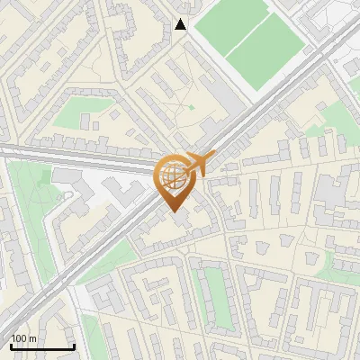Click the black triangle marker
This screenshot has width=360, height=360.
pos(181,24)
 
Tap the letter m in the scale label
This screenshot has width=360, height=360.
pos(33,338)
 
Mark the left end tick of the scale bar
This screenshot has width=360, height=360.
pos(11,345)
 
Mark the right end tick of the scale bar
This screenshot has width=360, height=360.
pos(74,345)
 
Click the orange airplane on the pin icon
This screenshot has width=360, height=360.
pos(201,163)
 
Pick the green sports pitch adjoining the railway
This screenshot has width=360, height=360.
pos(265,55)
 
